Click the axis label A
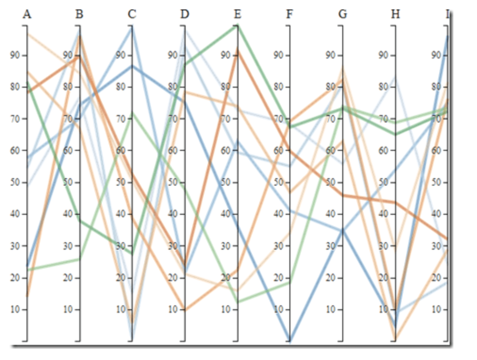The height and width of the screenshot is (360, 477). (27, 14)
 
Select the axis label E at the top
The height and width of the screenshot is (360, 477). (237, 14)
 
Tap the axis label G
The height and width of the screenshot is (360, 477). (343, 14)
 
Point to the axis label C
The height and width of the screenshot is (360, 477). (132, 14)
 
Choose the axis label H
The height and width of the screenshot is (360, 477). (395, 14)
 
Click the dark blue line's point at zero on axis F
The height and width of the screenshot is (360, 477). (290, 340)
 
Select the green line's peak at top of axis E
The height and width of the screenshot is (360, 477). (237, 25)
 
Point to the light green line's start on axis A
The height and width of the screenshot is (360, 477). (27, 270)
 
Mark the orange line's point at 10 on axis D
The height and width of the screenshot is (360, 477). (185, 310)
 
